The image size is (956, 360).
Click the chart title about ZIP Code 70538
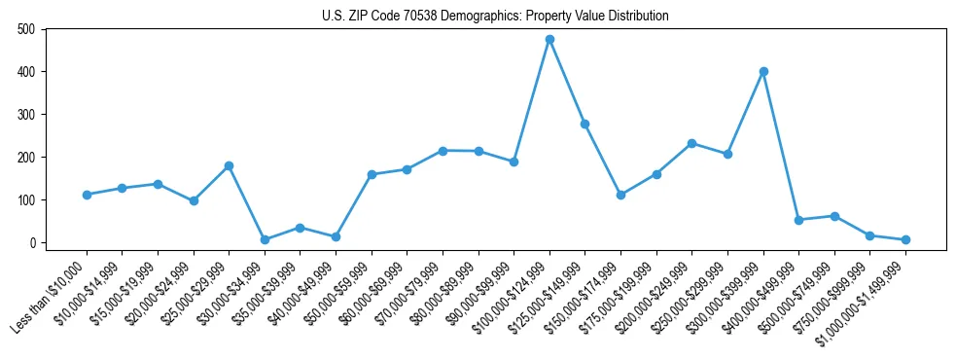[495, 16]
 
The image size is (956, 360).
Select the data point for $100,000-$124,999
[549, 39]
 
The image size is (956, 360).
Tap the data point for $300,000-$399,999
[763, 71]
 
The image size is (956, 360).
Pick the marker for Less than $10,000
[87, 195]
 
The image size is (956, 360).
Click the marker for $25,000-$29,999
[229, 165]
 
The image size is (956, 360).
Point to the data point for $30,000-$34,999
[265, 239]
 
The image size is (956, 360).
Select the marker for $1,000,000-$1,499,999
[905, 239]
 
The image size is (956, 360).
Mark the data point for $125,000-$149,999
[584, 124]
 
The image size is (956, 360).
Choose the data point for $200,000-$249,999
[691, 143]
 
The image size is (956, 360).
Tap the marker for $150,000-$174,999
[620, 195]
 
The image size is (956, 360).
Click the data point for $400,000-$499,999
[798, 220]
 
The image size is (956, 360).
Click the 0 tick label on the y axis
[33, 242]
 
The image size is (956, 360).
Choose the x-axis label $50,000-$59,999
[333, 297]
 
